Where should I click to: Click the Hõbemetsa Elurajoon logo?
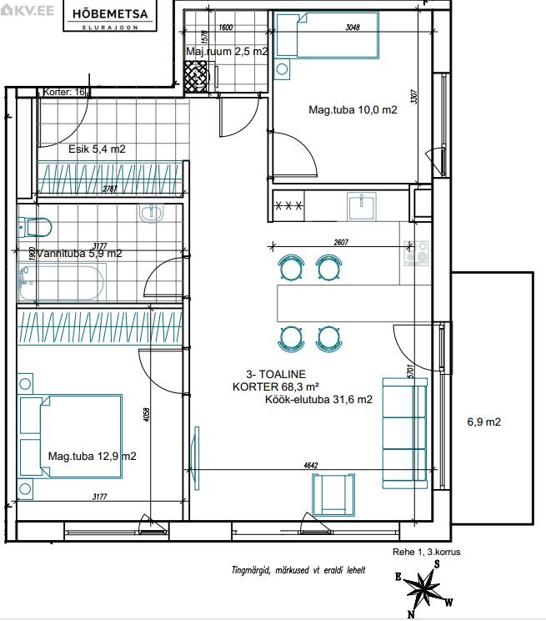110,18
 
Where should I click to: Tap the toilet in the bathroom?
35,227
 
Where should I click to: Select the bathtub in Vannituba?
62,283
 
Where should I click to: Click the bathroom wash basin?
151,212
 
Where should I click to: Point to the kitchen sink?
362,206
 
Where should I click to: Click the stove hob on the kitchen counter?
416,254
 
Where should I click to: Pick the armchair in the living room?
333,495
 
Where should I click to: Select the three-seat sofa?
405,433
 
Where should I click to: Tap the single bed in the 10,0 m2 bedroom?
327,35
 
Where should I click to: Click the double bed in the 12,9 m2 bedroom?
71,436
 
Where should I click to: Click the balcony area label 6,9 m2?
483,422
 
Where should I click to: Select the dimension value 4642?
311,466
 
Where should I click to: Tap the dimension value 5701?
411,371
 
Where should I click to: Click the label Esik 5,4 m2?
97,149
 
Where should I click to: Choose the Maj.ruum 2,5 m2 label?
227,52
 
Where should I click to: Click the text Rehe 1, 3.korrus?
427,552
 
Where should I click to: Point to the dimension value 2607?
341,242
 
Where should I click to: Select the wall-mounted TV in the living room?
195,458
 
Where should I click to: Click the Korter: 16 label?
64,93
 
